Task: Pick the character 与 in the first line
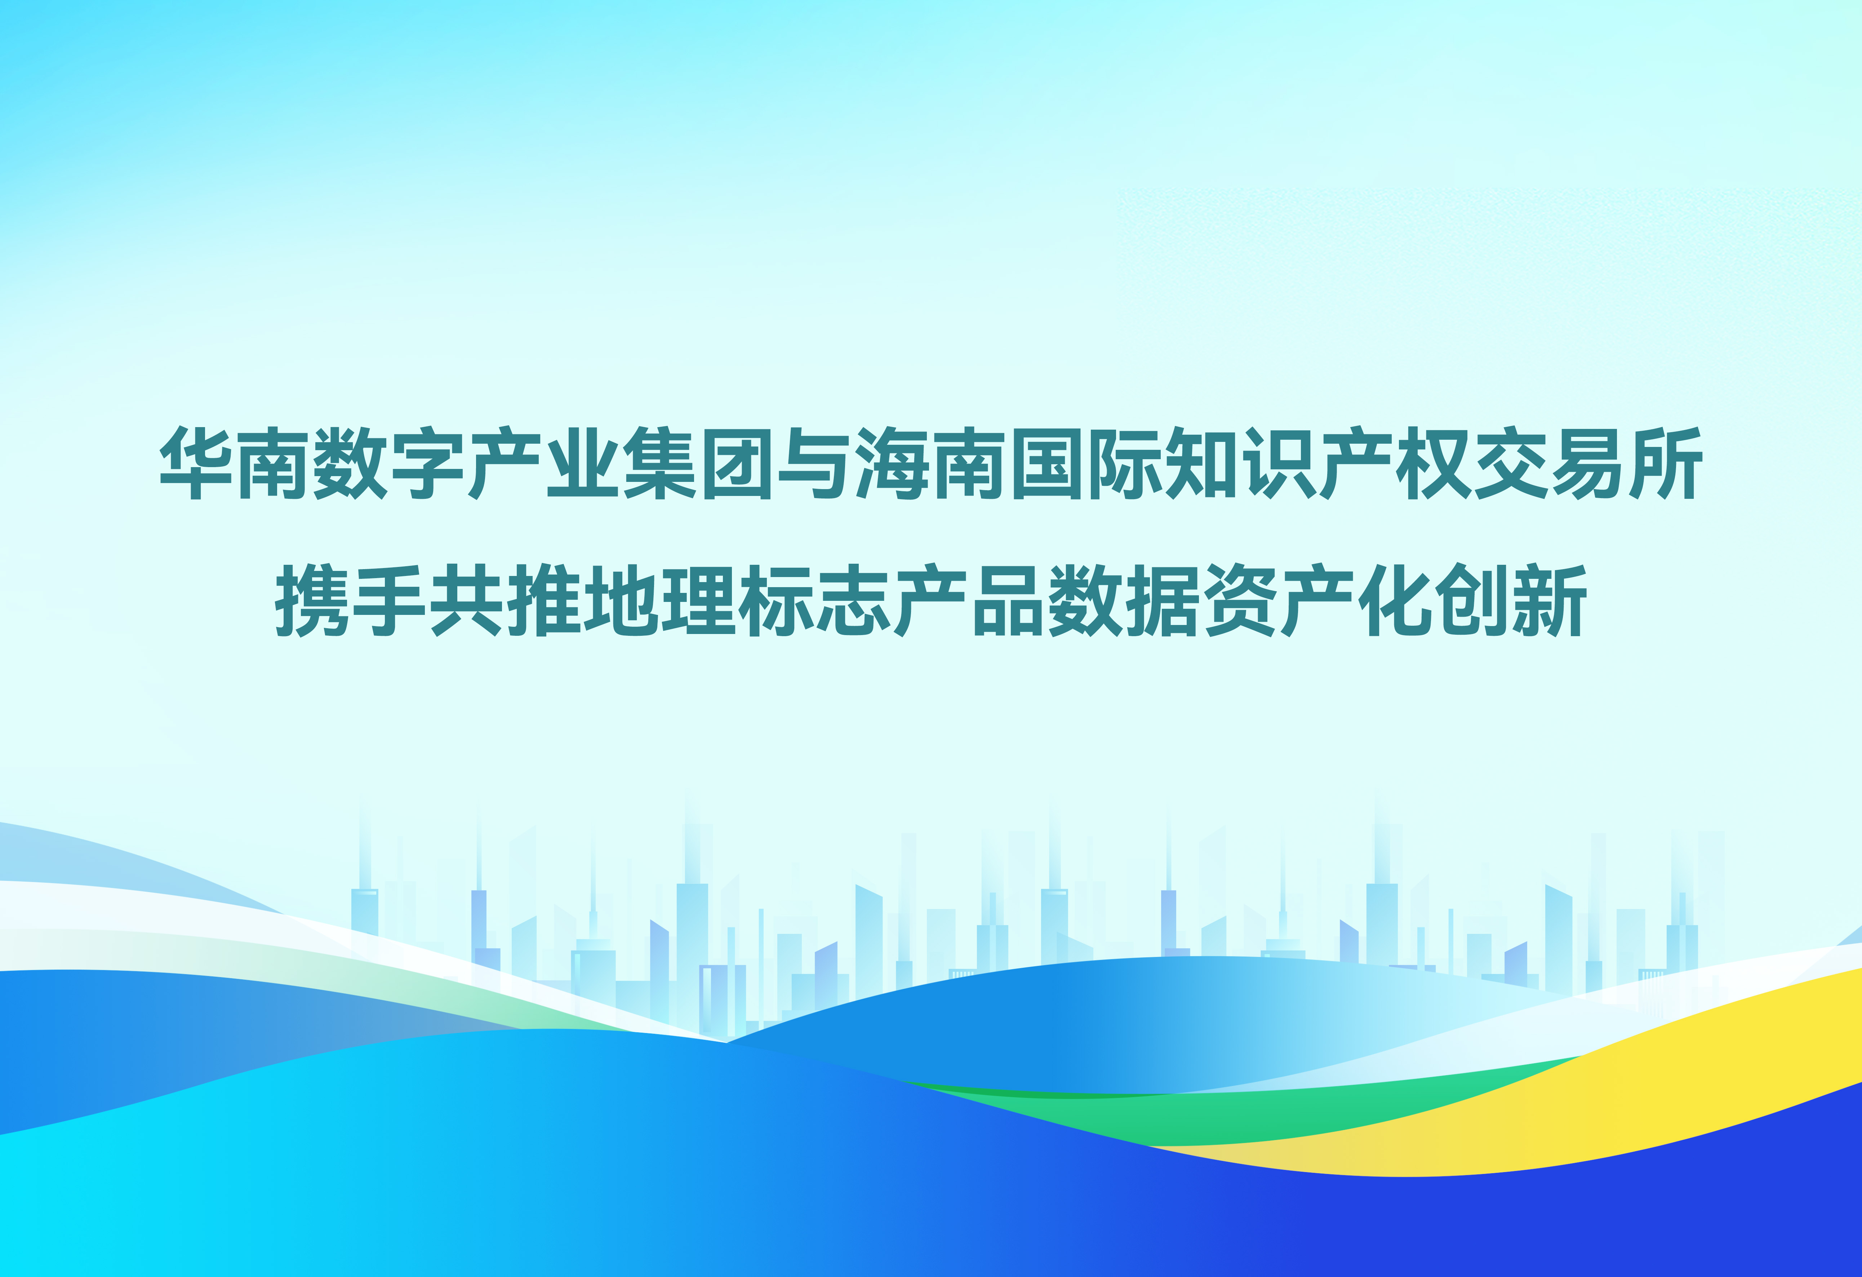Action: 816,463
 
